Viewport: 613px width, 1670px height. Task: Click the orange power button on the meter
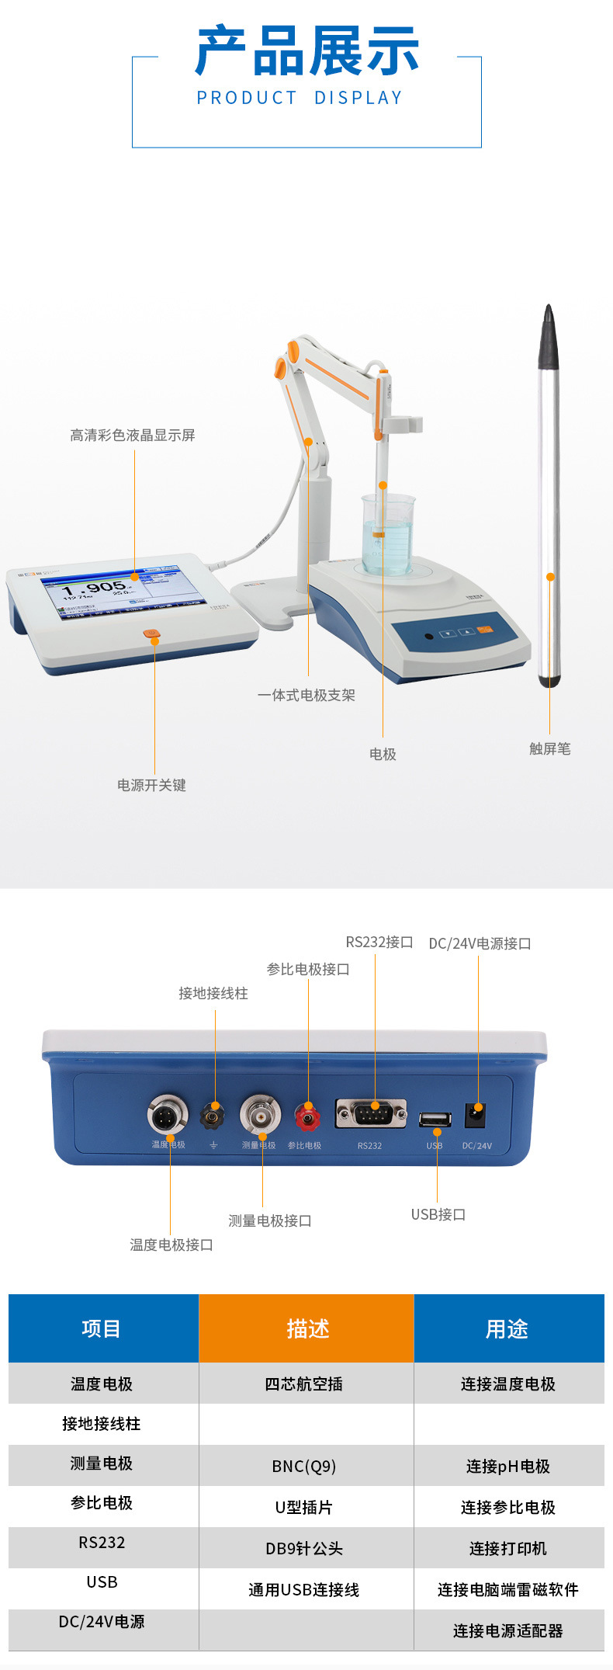coord(152,634)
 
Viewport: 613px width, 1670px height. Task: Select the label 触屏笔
coord(549,748)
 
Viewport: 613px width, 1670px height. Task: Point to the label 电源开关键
coord(151,785)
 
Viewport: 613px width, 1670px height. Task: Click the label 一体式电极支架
coord(306,695)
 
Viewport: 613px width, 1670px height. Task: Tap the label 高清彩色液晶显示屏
coord(133,436)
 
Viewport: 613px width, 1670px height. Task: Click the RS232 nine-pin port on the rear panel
coord(371,1114)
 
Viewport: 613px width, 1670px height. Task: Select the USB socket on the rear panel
coord(435,1119)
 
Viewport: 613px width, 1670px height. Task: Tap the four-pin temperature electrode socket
coord(167,1116)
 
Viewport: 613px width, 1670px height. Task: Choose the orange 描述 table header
coord(306,1328)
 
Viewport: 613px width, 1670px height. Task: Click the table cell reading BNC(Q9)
coord(304,1466)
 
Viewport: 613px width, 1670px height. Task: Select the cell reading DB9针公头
coord(304,1548)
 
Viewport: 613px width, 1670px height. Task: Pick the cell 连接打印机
coord(508,1548)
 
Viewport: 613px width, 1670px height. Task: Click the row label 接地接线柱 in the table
coord(102,1423)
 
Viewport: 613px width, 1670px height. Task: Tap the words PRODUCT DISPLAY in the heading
coord(300,98)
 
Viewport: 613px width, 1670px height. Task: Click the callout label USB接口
coord(438,1214)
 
